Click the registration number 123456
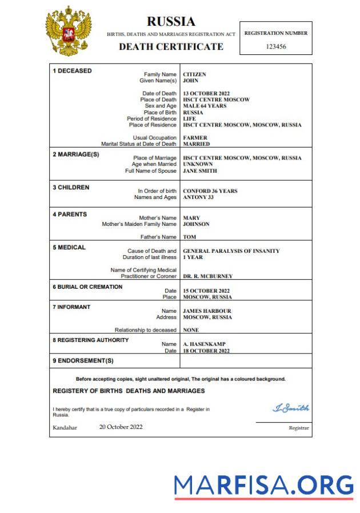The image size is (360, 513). (275, 46)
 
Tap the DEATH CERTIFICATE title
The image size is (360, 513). (171, 47)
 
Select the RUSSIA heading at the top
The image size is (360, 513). (171, 22)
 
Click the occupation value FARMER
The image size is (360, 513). (195, 138)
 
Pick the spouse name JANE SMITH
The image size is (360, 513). (200, 170)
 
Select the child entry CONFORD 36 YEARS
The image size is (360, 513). (210, 191)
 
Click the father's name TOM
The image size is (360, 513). (189, 237)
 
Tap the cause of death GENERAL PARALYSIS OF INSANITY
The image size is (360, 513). (231, 251)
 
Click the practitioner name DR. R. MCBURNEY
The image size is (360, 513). (207, 276)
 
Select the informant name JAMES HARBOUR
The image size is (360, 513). (207, 311)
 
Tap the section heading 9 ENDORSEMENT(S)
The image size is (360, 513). (83, 361)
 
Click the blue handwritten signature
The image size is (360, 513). (291, 408)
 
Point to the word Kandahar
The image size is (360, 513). (65, 428)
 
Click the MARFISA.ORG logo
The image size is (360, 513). (263, 485)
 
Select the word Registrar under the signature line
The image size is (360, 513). (299, 428)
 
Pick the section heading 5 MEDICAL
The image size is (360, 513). (69, 248)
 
